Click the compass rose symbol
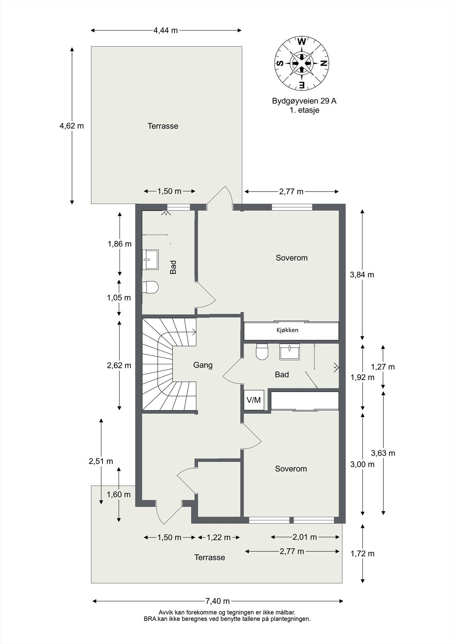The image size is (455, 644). point(302,64)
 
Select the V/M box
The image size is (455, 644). point(253,400)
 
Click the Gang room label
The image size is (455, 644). point(203,365)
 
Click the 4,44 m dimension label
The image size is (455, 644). point(166,31)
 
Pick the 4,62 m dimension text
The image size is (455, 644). point(72,126)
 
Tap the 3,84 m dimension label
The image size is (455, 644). point(362,275)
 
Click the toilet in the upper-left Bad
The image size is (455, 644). point(150,287)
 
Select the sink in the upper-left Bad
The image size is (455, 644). point(150,260)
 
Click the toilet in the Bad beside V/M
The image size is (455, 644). point(262,352)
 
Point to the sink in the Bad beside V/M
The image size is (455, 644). point(289,352)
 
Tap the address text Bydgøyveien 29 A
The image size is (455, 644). point(305,101)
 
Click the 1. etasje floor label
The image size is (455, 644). point(305,110)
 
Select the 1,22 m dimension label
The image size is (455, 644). point(219,543)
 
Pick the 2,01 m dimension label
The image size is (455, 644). point(305,543)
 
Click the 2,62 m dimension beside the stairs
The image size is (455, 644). point(119,365)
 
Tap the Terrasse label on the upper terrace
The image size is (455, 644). point(163,126)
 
